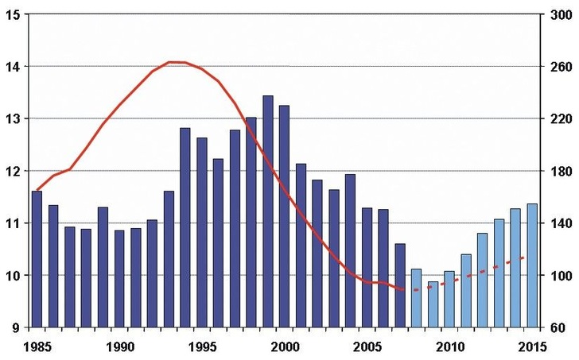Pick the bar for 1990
119,279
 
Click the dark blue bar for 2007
400,285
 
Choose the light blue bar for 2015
532,265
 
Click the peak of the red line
177,62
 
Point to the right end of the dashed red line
523,257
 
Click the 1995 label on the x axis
202,346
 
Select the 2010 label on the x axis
449,346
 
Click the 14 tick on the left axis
14,66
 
